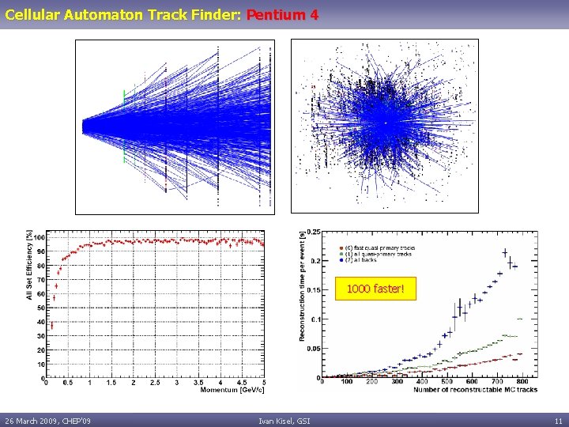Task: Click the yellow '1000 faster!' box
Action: point(375,290)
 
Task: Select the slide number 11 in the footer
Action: point(558,420)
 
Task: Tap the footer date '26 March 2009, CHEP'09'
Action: point(47,420)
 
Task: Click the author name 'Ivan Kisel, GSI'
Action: point(284,420)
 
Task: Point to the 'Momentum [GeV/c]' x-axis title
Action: point(232,390)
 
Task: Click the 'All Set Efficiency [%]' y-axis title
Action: point(29,265)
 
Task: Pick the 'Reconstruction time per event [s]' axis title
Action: point(303,285)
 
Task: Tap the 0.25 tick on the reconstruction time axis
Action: point(314,232)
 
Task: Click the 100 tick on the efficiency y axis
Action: point(39,237)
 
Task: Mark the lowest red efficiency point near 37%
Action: point(51,325)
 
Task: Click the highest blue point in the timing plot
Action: point(505,253)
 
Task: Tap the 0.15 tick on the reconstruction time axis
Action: point(314,290)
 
